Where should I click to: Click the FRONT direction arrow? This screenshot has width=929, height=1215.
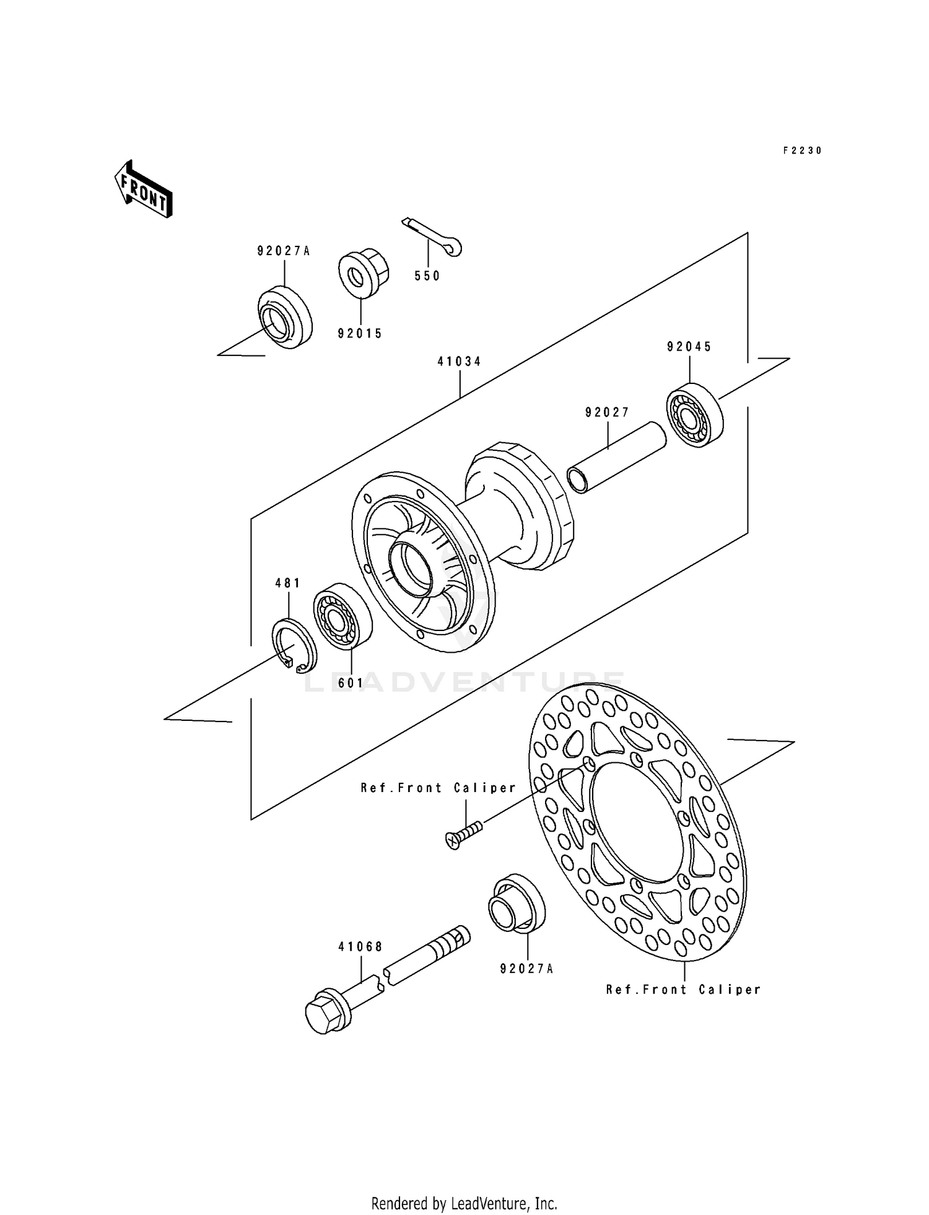click(x=143, y=189)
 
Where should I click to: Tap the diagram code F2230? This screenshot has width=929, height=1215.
click(x=802, y=150)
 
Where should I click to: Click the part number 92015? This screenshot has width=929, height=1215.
click(x=360, y=334)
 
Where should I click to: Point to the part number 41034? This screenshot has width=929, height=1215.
click(x=460, y=362)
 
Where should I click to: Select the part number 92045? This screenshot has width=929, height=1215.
click(x=689, y=347)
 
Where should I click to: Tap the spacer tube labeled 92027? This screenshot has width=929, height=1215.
click(x=617, y=457)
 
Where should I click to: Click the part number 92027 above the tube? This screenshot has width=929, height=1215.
click(x=607, y=412)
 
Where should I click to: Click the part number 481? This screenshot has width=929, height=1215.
click(x=288, y=583)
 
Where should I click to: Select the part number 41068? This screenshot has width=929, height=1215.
click(x=360, y=947)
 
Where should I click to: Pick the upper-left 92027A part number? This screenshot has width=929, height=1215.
click(x=284, y=251)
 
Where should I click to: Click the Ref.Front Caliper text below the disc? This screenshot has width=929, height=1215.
click(x=683, y=990)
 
